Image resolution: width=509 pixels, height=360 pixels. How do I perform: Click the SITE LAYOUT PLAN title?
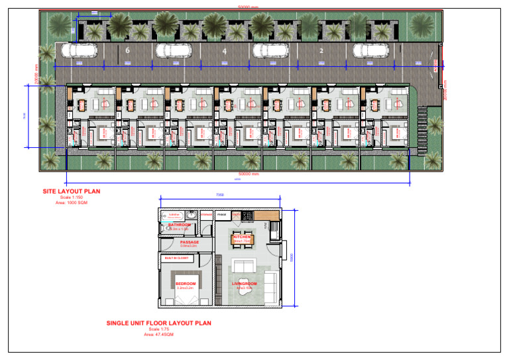point(71,191)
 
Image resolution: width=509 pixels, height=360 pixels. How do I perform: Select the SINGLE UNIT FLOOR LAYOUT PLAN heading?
point(158,324)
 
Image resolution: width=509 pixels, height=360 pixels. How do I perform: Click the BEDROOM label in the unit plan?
point(186,284)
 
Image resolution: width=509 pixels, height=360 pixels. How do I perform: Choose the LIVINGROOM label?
point(244,284)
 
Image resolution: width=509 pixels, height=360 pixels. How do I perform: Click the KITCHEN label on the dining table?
point(242,237)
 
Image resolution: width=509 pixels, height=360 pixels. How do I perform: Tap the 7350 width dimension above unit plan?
point(220,195)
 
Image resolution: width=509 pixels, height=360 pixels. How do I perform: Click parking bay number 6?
point(127,50)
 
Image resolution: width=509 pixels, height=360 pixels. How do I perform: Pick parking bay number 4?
point(225,50)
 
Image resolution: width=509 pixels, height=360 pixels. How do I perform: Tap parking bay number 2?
point(321,50)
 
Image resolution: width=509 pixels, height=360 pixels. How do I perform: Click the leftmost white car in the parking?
point(79,50)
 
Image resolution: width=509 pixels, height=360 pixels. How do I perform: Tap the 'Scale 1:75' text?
point(158,330)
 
